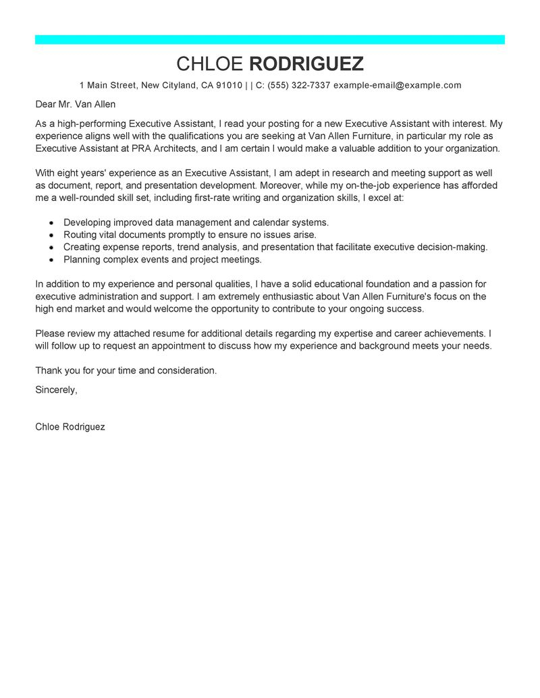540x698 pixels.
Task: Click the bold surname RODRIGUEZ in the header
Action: coord(306,64)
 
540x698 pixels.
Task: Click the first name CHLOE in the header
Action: coord(210,64)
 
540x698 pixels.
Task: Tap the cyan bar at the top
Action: coord(270,40)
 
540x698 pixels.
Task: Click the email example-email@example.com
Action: coord(397,86)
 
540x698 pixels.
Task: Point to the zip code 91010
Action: coord(230,86)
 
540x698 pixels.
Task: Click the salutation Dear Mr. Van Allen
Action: coord(76,105)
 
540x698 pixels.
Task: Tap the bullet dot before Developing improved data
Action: coord(52,223)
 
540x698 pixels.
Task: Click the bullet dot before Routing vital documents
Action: coord(52,235)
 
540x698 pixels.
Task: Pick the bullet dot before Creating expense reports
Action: coord(52,248)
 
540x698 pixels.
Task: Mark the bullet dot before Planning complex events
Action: coord(52,260)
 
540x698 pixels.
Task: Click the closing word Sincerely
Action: coord(56,390)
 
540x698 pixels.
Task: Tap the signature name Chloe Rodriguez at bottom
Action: coord(70,427)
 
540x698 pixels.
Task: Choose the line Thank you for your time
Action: coord(126,371)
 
